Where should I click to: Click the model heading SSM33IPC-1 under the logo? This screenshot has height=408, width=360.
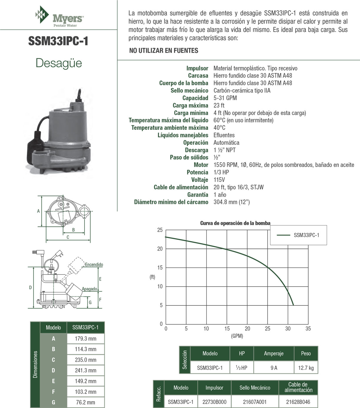tap(58, 41)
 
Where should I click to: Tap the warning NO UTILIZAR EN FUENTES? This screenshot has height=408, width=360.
tap(164, 51)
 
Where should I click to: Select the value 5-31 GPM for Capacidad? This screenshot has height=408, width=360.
tap(225, 98)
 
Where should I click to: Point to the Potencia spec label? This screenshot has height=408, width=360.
tap(197, 172)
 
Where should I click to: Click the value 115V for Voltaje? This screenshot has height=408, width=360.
tap(219, 180)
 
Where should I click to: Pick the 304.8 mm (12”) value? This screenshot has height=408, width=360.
tap(232, 202)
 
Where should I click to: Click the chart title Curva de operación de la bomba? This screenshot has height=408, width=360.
tap(235, 223)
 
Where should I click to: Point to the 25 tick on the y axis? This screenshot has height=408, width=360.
tap(160, 230)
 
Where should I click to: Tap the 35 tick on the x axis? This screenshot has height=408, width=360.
tap(308, 329)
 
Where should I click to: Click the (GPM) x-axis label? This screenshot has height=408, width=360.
tap(237, 336)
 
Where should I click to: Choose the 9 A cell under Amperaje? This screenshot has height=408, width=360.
tap(274, 368)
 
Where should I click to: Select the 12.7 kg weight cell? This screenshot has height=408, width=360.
tap(306, 368)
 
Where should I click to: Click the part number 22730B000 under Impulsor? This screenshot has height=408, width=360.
tap(214, 402)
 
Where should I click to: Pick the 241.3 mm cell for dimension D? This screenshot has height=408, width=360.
tap(85, 371)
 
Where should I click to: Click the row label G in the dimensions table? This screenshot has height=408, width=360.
tap(53, 402)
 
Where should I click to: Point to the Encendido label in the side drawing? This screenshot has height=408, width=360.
tap(94, 265)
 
